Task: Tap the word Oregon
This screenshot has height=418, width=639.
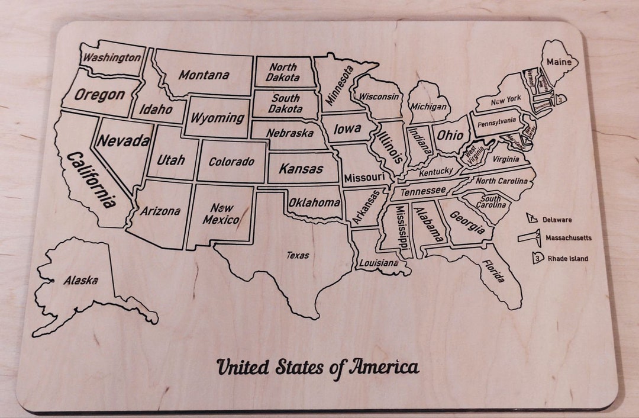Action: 99,95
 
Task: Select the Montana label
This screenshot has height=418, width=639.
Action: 204,75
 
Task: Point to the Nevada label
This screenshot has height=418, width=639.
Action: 124,141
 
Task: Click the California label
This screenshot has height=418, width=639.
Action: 91,179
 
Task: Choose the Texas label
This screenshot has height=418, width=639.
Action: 298,256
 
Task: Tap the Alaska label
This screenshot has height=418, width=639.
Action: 80,281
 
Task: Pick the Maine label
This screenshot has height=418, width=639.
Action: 559,62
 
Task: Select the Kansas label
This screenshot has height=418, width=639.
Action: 301,169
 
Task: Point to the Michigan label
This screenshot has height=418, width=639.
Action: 428,107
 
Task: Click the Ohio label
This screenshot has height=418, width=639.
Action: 450,135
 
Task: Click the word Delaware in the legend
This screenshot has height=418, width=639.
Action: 557,220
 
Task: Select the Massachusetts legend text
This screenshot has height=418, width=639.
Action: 568,238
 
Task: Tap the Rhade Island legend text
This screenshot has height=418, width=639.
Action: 568,258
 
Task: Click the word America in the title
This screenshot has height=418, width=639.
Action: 385,367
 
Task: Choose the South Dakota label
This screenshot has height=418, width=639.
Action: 285,104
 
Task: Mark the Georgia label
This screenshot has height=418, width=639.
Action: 467,223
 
